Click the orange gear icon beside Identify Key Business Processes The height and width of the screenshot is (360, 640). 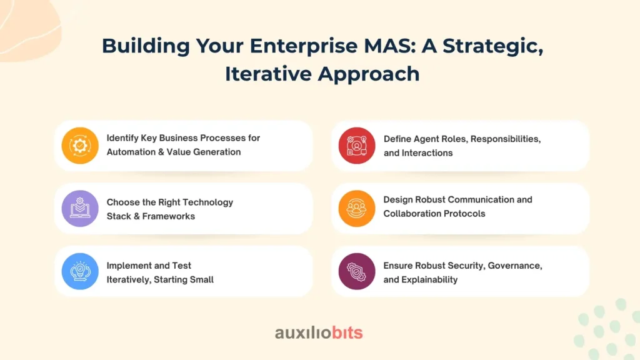[x=80, y=145]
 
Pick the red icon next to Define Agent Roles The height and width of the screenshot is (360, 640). [x=357, y=145]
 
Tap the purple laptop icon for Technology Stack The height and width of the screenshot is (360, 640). [x=80, y=208]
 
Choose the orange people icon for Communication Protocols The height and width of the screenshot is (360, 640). [x=357, y=208]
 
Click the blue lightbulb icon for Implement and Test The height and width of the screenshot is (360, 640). [x=80, y=271]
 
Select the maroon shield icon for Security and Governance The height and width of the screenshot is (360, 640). [x=357, y=271]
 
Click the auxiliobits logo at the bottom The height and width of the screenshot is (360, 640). [x=319, y=332]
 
